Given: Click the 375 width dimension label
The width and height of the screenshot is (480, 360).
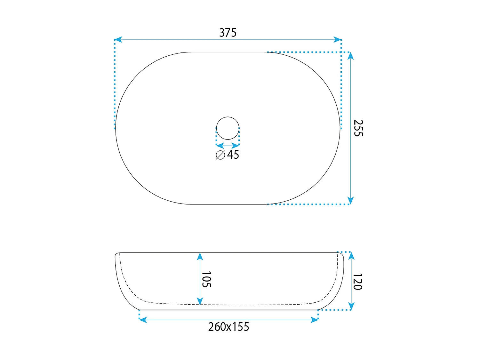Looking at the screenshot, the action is pos(228,33).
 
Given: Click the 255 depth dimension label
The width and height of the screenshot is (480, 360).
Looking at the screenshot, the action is pos(358,128).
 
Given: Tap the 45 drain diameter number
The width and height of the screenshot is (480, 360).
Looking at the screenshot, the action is pos(233,155).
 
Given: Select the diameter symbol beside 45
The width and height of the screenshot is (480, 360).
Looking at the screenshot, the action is pos(220,155).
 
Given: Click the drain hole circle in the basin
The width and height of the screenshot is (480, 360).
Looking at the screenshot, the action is pos(228,117).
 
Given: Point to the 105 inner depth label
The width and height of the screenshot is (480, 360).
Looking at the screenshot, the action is pos(206,280).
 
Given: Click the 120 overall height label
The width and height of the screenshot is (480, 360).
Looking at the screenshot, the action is pos(358,282).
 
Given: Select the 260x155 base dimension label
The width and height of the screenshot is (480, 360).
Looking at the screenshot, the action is pos(228,327).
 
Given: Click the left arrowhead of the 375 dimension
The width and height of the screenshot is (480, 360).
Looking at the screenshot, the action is pos(118,40).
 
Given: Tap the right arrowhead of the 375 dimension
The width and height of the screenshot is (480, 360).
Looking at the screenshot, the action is pos(337,40).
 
